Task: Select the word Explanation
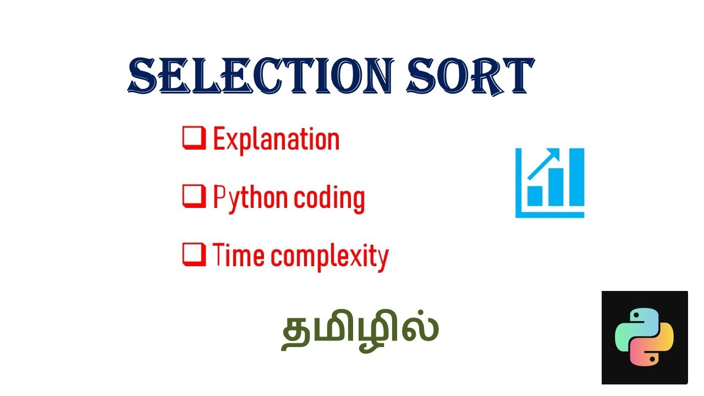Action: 276,139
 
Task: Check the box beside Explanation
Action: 194,138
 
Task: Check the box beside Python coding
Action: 194,196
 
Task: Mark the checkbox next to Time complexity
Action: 194,255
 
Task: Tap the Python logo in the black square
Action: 644,337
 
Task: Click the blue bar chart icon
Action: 549,183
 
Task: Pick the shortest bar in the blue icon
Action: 535,195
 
